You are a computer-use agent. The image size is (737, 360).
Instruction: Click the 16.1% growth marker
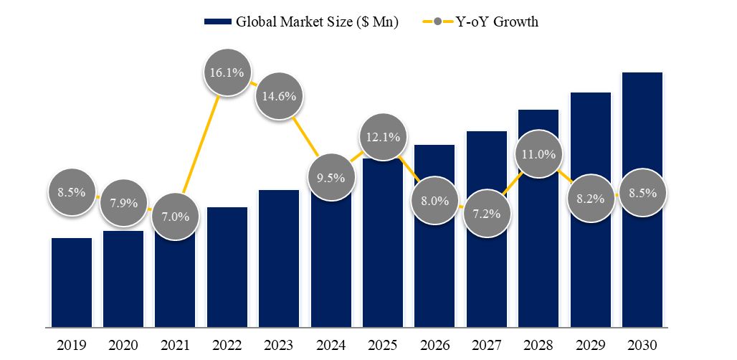tap(227, 72)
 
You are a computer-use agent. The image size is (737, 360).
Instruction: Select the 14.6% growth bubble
tap(279, 95)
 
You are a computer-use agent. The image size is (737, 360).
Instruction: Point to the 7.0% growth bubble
tap(176, 216)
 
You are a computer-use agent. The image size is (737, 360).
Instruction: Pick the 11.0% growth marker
tap(538, 154)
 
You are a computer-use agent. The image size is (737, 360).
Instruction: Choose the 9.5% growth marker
tap(331, 177)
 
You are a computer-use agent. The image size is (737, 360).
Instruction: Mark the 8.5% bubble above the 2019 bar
tap(72, 192)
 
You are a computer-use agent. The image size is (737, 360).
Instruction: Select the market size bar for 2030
tap(642, 201)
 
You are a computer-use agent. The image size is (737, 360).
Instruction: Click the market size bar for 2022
tap(227, 269)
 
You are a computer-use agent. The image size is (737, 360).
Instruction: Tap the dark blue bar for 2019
tap(72, 283)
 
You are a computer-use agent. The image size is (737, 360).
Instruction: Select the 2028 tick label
tap(538, 346)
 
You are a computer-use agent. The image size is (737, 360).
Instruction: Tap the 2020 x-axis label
tap(123, 346)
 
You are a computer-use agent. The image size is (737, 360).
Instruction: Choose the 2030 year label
tap(642, 346)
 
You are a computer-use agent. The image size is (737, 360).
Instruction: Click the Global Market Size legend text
tap(317, 22)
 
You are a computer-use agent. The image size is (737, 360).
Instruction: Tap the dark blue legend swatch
tap(218, 22)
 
